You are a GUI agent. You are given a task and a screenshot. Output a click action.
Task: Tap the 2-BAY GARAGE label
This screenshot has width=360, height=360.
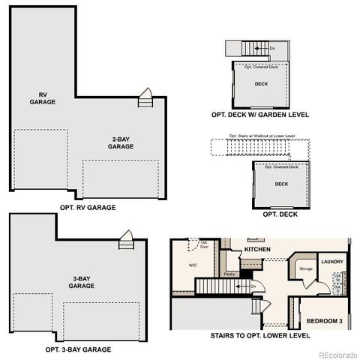[x=121, y=143]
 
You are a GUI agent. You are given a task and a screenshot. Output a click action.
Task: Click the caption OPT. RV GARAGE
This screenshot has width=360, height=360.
[x=88, y=206]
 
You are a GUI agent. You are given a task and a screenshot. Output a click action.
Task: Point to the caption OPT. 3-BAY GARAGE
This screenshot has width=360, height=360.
[x=78, y=349]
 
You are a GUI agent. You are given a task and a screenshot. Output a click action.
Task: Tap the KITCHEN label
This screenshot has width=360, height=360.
[x=256, y=248]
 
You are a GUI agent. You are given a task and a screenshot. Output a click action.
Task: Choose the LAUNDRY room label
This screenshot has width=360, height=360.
[x=331, y=262]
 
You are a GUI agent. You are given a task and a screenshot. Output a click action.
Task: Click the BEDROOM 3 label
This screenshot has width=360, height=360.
[x=325, y=320]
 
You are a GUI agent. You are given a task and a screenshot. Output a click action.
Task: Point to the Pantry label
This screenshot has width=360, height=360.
[x=229, y=274]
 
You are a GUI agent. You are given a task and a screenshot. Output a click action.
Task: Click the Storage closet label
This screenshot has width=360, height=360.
[x=305, y=268]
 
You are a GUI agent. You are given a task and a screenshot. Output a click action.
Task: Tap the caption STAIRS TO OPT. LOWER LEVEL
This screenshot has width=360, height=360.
[x=260, y=335]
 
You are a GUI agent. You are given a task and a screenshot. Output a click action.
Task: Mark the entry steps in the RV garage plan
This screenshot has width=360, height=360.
[x=145, y=98]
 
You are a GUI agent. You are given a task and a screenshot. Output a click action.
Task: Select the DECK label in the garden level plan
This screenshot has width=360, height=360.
[x=261, y=84]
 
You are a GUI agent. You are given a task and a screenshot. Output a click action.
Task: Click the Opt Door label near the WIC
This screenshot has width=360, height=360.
[x=202, y=243]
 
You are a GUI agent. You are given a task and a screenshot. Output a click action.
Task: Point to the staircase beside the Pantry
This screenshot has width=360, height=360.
[x=216, y=286]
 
